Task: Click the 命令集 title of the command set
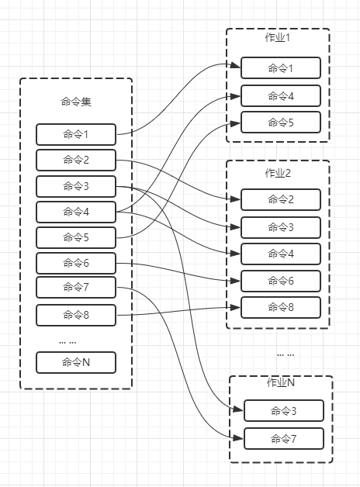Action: point(76,102)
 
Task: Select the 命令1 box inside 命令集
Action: point(76,134)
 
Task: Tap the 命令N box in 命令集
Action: point(76,362)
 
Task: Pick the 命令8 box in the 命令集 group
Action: point(76,316)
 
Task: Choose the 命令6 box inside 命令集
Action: point(76,264)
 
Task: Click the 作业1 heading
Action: point(278,37)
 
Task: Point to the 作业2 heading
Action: point(278,173)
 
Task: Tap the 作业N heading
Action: point(281,382)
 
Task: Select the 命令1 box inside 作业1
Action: point(281,67)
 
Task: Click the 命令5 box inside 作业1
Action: point(281,123)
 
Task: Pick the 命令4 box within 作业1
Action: point(281,96)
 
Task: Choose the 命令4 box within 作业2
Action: point(281,254)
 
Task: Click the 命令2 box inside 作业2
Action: point(281,199)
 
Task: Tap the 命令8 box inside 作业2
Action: point(281,308)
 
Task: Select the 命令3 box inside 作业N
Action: point(284,411)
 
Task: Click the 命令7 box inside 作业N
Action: point(284,439)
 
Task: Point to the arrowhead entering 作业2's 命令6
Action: point(235,281)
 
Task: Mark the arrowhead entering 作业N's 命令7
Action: point(238,438)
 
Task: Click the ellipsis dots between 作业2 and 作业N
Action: point(286,354)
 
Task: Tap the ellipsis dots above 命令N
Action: point(67,343)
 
